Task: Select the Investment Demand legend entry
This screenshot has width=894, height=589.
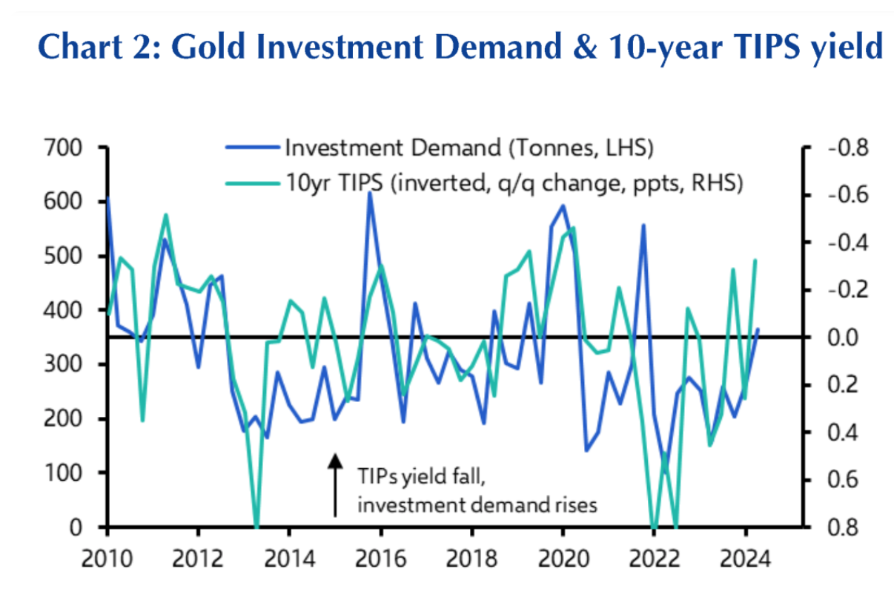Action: point(468,147)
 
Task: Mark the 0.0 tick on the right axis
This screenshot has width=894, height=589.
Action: point(847,338)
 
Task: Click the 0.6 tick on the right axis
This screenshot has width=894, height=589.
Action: point(847,480)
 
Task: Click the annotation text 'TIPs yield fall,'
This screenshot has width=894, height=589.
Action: point(422,476)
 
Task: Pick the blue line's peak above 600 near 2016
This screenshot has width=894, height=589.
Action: point(370,194)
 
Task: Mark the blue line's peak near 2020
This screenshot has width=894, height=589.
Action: point(563,206)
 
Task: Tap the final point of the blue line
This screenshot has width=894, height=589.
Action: point(758,329)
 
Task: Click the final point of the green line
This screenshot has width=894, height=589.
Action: point(755,260)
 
